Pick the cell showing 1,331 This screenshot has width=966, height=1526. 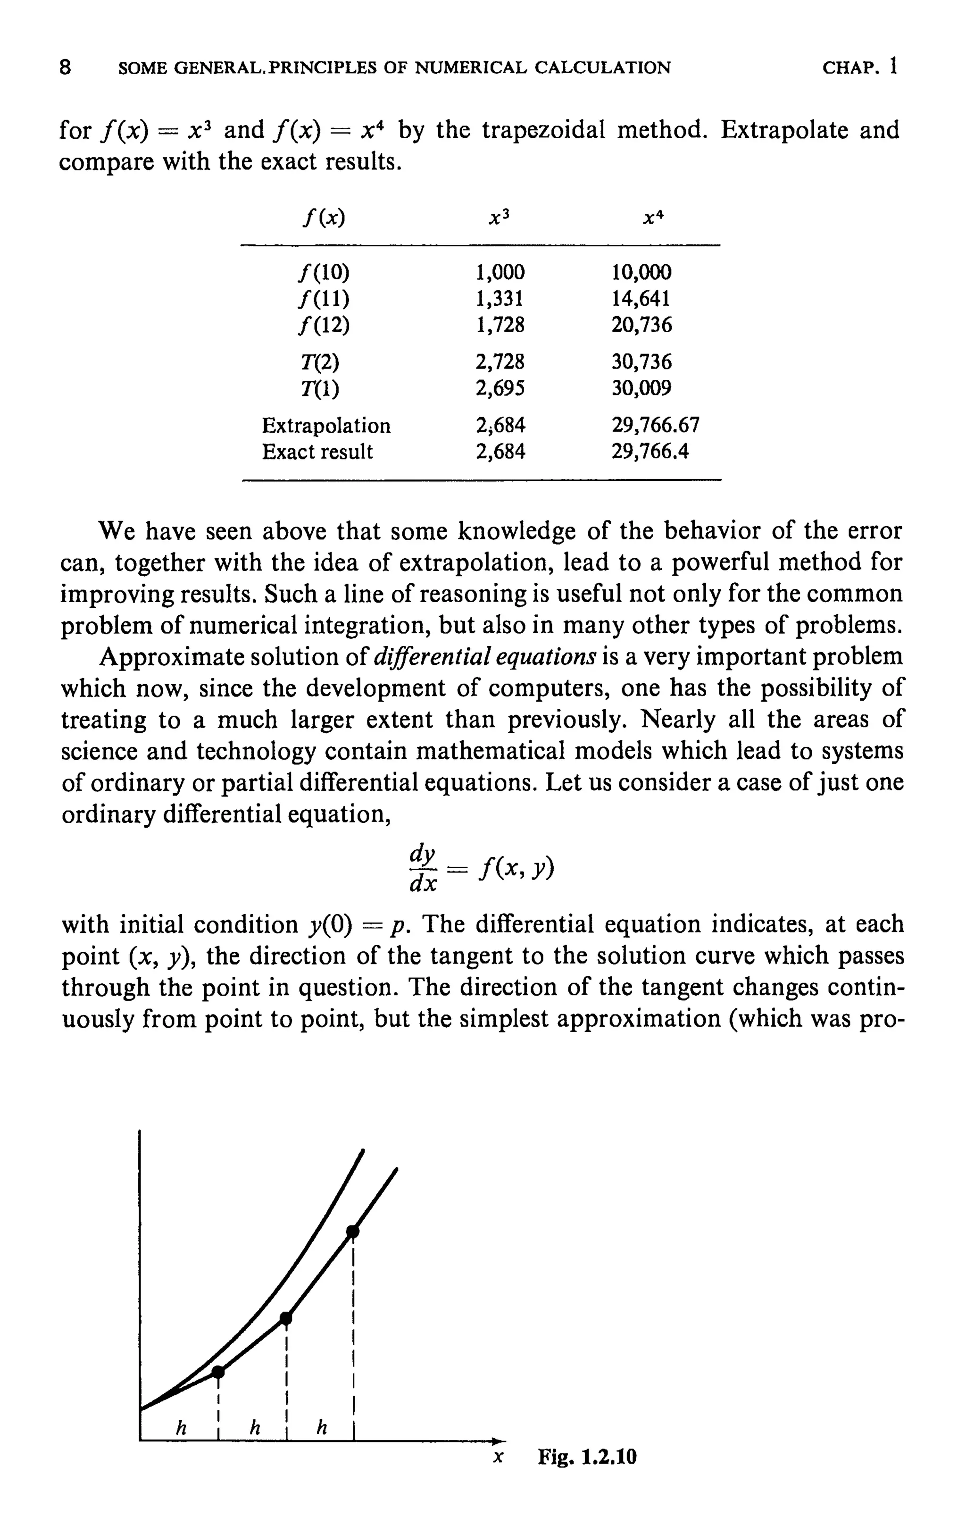[x=500, y=299]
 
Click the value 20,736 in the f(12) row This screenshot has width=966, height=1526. [x=641, y=325]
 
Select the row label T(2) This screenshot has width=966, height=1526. [x=319, y=362]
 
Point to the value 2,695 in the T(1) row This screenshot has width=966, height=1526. [x=500, y=387]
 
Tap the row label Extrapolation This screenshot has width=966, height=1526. [x=326, y=425]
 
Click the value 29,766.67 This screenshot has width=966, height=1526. [x=655, y=425]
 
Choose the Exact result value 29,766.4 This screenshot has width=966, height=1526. [x=650, y=452]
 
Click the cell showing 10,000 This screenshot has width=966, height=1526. [x=641, y=273]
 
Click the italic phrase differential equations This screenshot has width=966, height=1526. [x=486, y=656]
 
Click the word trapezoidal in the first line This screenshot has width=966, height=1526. [x=542, y=131]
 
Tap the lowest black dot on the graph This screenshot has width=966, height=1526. [x=217, y=1372]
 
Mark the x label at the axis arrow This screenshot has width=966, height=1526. [x=498, y=1458]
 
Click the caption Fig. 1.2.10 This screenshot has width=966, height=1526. [x=587, y=1457]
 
